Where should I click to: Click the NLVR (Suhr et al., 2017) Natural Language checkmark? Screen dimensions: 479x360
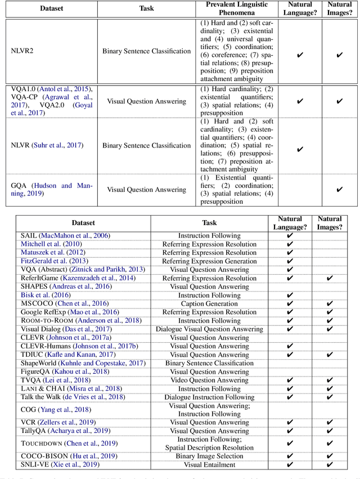(x=299, y=149)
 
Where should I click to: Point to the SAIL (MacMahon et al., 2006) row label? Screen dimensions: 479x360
(x=65, y=235)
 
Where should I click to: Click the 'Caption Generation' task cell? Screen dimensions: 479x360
(x=209, y=304)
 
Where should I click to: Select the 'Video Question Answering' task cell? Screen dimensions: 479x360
(x=209, y=380)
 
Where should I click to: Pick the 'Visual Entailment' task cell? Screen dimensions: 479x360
(x=209, y=465)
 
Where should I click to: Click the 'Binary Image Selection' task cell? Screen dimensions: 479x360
(x=209, y=456)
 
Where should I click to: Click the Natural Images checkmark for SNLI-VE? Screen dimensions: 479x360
(x=329, y=465)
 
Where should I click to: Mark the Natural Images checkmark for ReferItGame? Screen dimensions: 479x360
(x=329, y=278)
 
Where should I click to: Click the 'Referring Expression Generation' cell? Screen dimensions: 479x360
(x=209, y=261)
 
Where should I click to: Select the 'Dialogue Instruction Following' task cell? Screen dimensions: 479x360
(x=209, y=397)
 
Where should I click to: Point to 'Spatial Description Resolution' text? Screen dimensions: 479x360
(x=209, y=448)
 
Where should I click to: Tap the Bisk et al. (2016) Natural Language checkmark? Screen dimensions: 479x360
(x=290, y=295)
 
